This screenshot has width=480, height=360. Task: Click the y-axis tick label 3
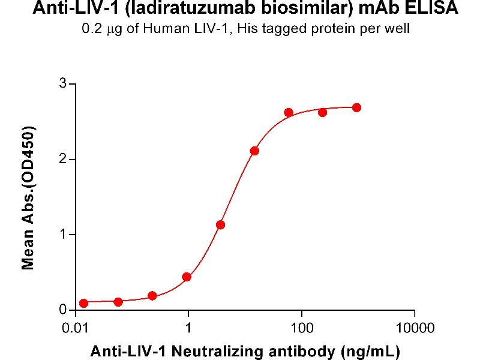[x=62, y=84]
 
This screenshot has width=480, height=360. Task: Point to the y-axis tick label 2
[x=62, y=160]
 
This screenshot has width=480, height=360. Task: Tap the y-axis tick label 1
[x=62, y=235]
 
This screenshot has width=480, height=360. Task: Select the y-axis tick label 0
[x=62, y=310]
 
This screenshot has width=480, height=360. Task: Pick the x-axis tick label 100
[x=301, y=329]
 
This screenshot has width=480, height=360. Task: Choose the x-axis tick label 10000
[x=414, y=329]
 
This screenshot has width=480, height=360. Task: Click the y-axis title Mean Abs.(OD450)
[x=28, y=197]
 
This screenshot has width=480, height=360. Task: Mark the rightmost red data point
[x=356, y=107]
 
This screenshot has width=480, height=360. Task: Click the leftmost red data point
[x=83, y=303]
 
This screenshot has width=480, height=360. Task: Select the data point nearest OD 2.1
[x=254, y=151]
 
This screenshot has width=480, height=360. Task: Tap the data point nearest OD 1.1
[x=220, y=224]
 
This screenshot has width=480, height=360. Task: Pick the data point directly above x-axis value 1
[x=187, y=277]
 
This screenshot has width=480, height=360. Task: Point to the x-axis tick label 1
[x=188, y=329]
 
